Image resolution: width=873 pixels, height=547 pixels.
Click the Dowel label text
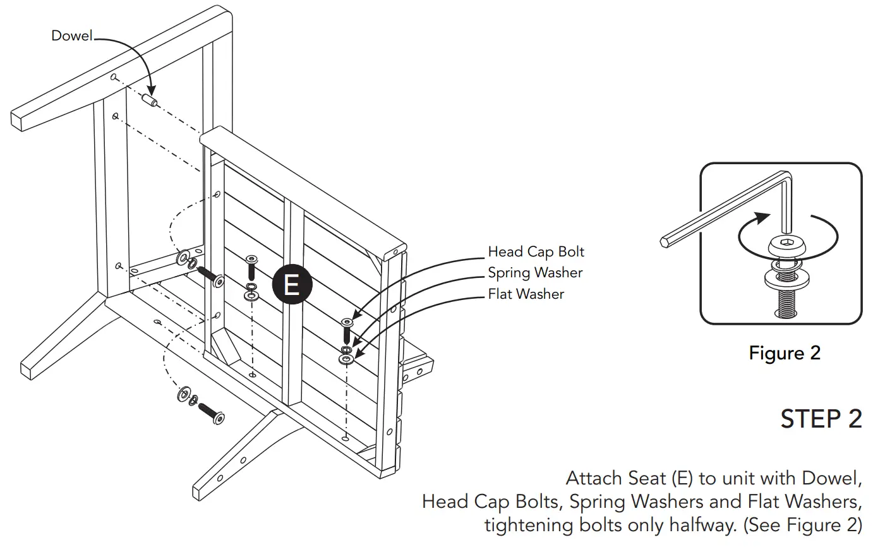pos(71,36)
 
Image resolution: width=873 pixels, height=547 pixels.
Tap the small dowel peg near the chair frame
pos(150,100)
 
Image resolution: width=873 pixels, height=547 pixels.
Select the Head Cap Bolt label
pos(536,252)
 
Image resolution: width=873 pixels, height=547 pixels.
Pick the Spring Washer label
pos(535,273)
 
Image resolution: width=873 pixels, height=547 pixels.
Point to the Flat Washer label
pos(526,294)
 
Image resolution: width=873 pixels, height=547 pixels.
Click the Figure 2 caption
pos(784,352)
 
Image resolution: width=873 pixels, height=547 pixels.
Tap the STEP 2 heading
pos(821,419)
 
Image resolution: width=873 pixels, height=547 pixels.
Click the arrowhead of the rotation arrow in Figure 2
pos(764,216)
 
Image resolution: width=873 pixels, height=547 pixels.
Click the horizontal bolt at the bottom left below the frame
pos(212,412)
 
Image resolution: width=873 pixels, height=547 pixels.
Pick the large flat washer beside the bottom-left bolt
pos(184,395)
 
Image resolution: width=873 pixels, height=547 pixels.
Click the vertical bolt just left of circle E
pos(251,268)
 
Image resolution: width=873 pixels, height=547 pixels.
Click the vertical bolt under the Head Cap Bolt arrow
pos(347,330)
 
